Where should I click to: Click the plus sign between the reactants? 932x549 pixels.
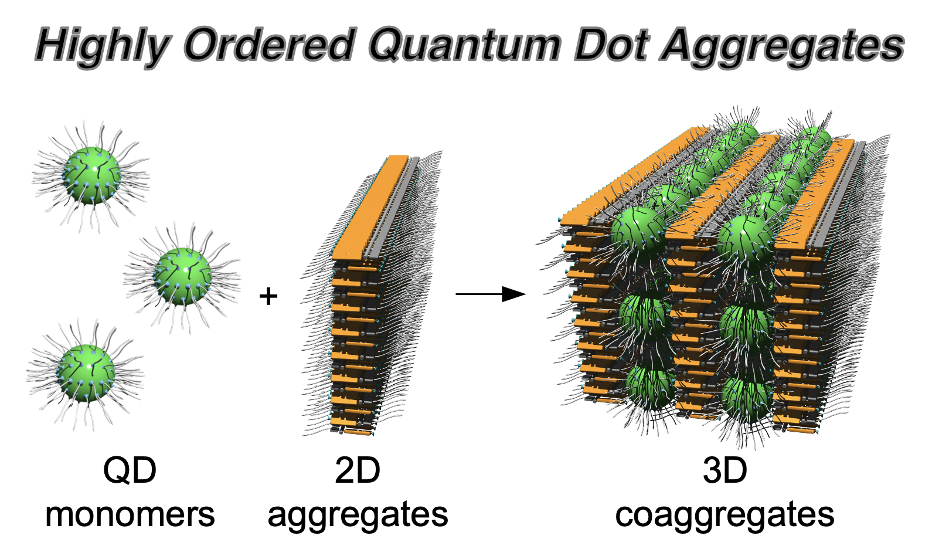coord(268,296)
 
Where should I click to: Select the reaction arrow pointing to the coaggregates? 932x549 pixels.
coord(490,294)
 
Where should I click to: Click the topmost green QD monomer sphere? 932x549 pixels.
coord(91,175)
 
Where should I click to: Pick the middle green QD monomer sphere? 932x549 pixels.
coord(183,276)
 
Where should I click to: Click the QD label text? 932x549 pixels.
coord(130,471)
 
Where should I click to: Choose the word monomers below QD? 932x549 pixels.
coord(130,514)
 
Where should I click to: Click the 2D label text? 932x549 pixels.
coord(357,471)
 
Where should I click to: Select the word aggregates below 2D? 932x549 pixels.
coord(358,516)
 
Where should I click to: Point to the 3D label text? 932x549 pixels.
coord(724,471)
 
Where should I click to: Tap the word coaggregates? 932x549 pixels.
coord(724,516)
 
